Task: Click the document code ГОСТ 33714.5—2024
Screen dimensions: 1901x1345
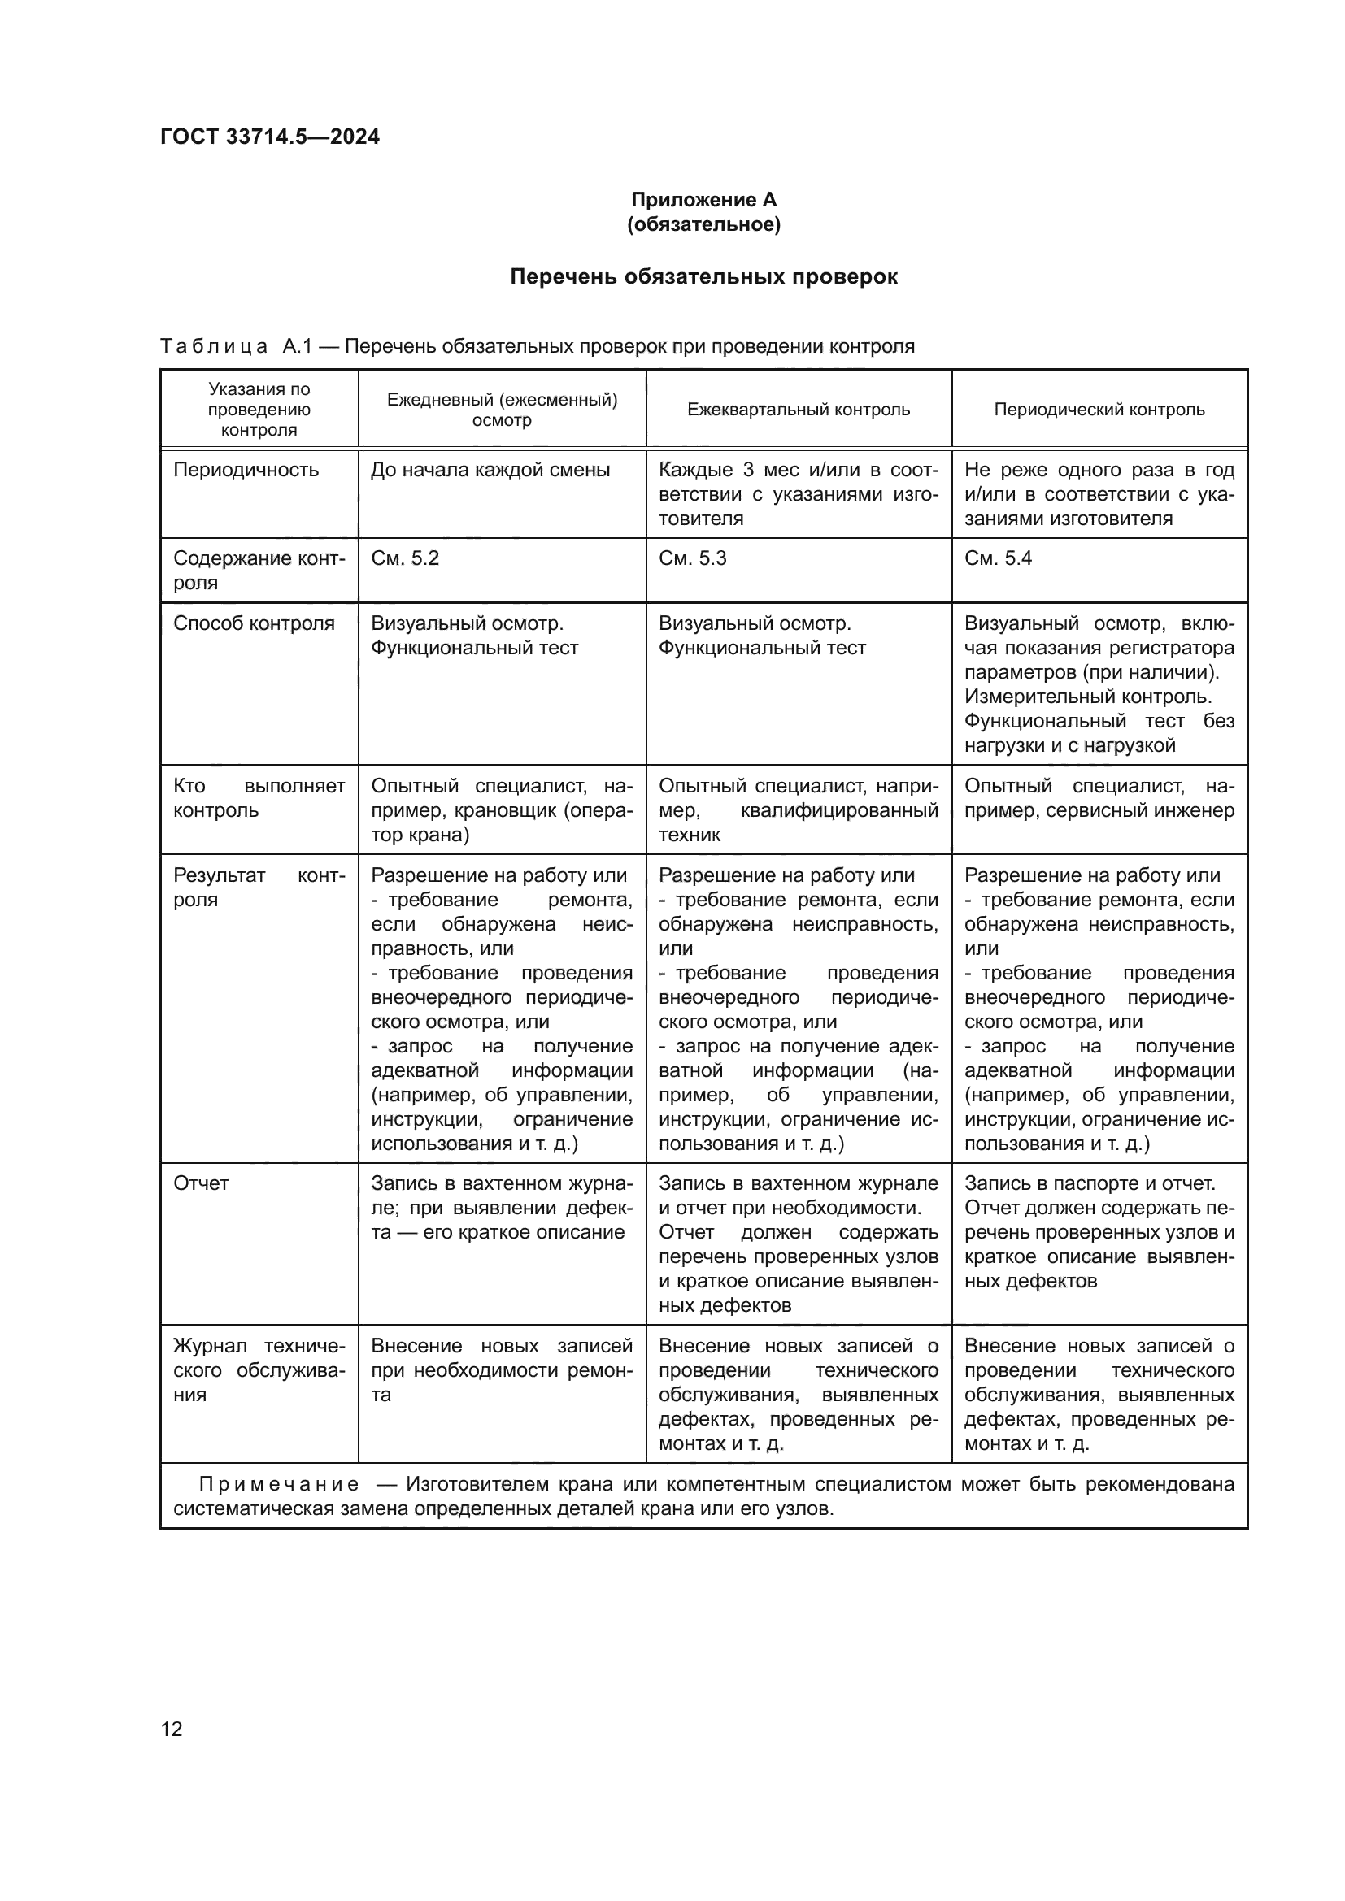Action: tap(270, 137)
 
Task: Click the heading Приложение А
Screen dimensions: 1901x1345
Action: tap(703, 200)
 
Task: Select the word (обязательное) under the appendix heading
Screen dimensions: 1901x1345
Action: tap(703, 224)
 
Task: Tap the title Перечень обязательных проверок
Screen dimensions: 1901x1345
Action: tap(703, 276)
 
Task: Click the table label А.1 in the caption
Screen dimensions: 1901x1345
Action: tap(298, 346)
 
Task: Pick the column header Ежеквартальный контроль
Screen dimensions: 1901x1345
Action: tap(799, 409)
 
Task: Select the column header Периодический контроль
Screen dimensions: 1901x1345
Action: tap(1099, 409)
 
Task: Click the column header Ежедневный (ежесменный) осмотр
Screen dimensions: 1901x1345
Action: tap(502, 409)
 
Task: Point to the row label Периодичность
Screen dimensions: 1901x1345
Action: tap(246, 471)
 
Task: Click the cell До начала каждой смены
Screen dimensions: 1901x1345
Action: tap(490, 471)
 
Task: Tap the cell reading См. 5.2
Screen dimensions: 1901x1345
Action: tap(405, 558)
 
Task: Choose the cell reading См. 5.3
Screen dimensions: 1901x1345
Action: tap(692, 558)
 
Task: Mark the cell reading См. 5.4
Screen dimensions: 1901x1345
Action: tap(998, 558)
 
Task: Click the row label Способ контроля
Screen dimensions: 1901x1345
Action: tap(254, 623)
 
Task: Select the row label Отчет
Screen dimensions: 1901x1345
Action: tap(201, 1183)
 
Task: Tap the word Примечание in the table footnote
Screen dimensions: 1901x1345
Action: tap(279, 1485)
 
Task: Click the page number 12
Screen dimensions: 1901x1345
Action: tap(172, 1729)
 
